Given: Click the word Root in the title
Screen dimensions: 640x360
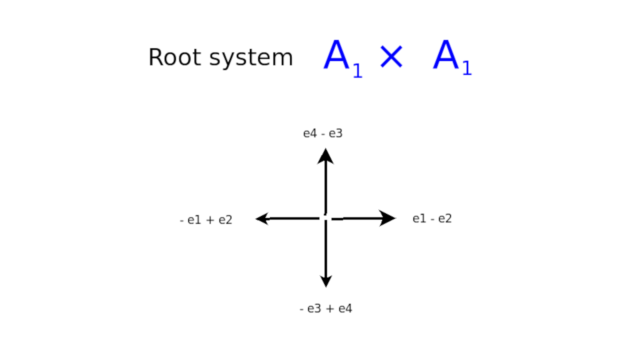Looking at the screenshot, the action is pos(175,57).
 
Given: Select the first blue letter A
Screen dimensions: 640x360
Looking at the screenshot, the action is pos(336,54).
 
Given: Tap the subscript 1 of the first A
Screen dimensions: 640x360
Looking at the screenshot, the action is pos(358,70).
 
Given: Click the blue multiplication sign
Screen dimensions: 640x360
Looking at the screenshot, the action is pos(392,57).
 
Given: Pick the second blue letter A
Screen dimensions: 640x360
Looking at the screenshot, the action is pos(446,54).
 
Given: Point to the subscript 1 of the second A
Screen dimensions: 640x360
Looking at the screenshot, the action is pos(467,68).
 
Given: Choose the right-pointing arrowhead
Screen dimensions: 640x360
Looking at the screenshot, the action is pos(388,218).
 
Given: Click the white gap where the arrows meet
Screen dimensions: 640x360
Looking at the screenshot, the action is pos(326,218).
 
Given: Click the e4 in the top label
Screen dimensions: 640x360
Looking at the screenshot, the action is pos(310,134).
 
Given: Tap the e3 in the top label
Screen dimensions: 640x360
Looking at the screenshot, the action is pos(336,134).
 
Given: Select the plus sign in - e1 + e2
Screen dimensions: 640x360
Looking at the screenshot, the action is pos(210,220).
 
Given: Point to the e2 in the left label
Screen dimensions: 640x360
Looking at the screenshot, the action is pos(226,220).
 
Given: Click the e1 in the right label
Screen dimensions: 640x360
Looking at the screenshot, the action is pos(420,218).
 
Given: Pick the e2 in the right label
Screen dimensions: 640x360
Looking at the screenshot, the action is pos(445,218).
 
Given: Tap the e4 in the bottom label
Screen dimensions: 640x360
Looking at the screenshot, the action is pos(346,308).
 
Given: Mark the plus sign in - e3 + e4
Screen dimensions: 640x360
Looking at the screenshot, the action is pos(330,308).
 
